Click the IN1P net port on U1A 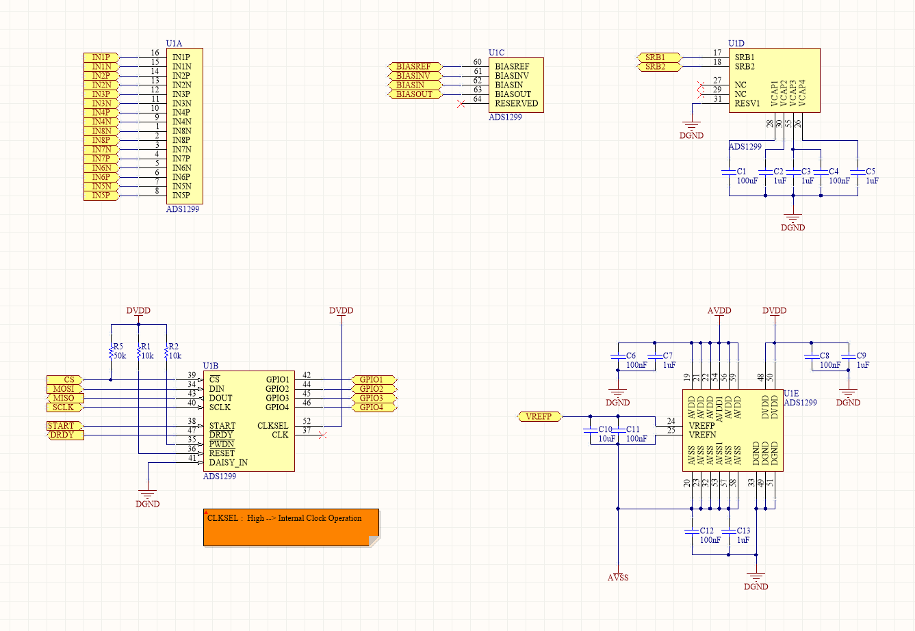coord(101,57)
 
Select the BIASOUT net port coord(414,94)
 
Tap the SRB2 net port coord(660,67)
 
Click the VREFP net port coord(539,416)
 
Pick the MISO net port coord(64,398)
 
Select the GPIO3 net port coord(373,398)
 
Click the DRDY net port coord(65,435)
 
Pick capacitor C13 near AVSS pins coord(729,531)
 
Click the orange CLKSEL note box coord(291,527)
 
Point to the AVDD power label coord(719,311)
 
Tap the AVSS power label coord(618,578)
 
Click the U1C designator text coord(496,53)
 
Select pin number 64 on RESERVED coord(477,100)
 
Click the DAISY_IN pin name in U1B coord(229,463)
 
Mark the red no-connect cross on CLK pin coord(323,435)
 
